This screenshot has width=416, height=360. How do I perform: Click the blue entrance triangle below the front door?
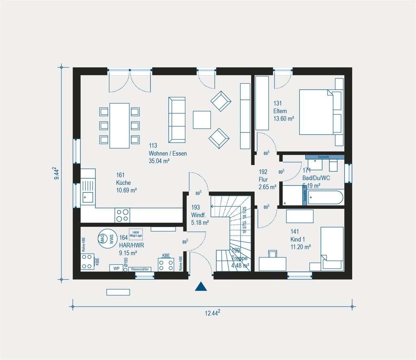pyautogui.click(x=201, y=286)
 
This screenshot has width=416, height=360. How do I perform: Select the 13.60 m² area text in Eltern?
pyautogui.click(x=284, y=119)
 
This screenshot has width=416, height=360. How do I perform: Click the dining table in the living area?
pyautogui.click(x=119, y=126)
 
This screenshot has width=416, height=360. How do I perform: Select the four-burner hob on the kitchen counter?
pyautogui.click(x=123, y=215)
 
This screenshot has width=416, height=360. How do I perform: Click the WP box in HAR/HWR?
pyautogui.click(x=116, y=269)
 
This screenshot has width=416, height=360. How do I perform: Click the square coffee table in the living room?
pyautogui.click(x=202, y=120)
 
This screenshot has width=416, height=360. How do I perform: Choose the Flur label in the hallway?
pyautogui.click(x=263, y=179)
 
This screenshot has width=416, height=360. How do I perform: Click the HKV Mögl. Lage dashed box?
pyautogui.click(x=136, y=234)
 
